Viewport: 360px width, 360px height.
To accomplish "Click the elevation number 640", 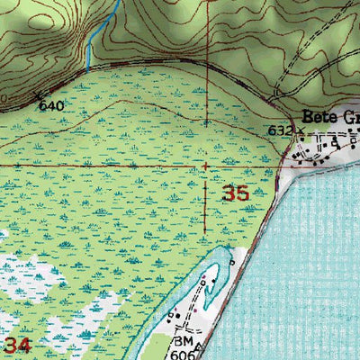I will coord(51,105).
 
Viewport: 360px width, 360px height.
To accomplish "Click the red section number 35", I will coord(236,193).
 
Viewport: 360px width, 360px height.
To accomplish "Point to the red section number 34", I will coord(19,345).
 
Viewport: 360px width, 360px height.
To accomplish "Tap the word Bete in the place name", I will coord(319,117).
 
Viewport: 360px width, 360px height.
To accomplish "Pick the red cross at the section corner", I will coord(207,166).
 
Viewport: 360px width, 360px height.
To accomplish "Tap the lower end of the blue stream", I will coord(88,69).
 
